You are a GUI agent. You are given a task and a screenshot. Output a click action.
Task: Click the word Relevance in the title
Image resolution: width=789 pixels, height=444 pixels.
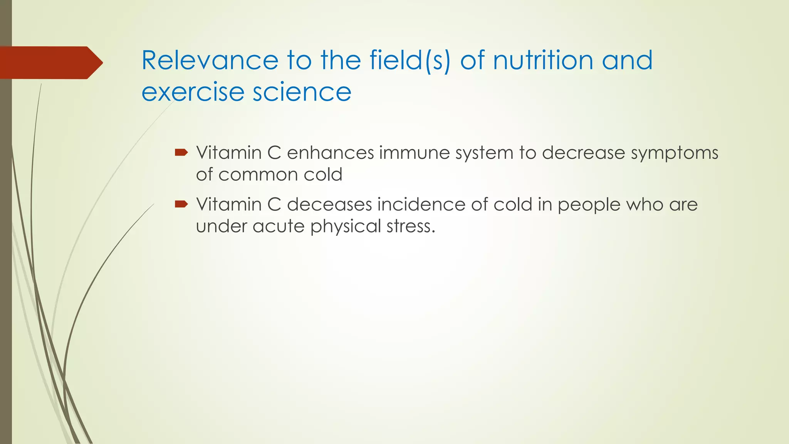(x=210, y=61)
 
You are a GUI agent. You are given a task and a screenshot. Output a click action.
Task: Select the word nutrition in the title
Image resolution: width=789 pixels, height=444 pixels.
(x=543, y=61)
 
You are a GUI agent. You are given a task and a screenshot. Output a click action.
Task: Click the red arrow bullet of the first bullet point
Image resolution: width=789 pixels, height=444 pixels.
(x=181, y=153)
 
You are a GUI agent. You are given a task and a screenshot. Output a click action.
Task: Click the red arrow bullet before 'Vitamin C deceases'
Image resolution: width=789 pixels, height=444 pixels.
(x=181, y=204)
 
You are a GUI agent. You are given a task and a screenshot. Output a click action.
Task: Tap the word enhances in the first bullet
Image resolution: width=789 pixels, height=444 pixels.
(x=331, y=153)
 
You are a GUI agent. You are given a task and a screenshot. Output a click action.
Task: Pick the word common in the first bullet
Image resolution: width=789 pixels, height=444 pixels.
(x=258, y=175)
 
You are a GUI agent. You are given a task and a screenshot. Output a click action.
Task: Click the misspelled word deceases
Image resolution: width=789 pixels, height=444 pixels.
(x=329, y=205)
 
